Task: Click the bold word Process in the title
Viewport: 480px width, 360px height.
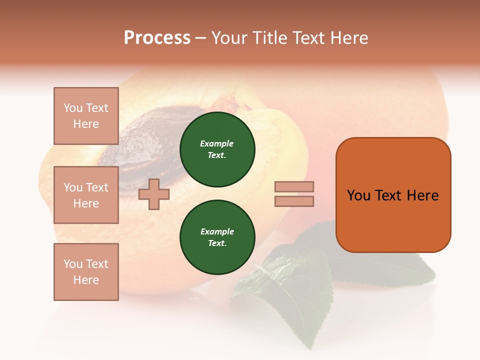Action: (x=157, y=38)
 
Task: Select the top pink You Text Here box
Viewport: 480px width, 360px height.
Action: (x=86, y=116)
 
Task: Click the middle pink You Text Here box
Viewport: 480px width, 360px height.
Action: (x=86, y=195)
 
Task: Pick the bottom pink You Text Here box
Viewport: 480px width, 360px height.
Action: (x=86, y=271)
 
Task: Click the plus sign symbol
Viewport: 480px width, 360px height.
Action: (x=153, y=194)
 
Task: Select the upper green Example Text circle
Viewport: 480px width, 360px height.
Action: (x=217, y=149)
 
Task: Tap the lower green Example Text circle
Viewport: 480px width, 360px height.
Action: (x=217, y=237)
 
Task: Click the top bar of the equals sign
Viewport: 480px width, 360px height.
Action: (x=294, y=186)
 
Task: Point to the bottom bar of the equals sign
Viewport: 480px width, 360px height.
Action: (x=294, y=201)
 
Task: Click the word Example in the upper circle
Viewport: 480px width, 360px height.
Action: (x=216, y=143)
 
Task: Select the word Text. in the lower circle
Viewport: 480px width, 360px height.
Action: (x=217, y=243)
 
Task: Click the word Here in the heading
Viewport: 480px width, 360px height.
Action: (x=347, y=38)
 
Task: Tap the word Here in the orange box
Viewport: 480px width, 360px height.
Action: (x=422, y=195)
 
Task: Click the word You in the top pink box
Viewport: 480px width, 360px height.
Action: (x=73, y=108)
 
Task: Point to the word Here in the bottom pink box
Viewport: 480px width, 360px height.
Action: (x=86, y=280)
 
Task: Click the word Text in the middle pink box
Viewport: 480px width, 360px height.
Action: (x=96, y=187)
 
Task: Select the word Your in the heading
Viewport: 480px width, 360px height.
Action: (x=230, y=38)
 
